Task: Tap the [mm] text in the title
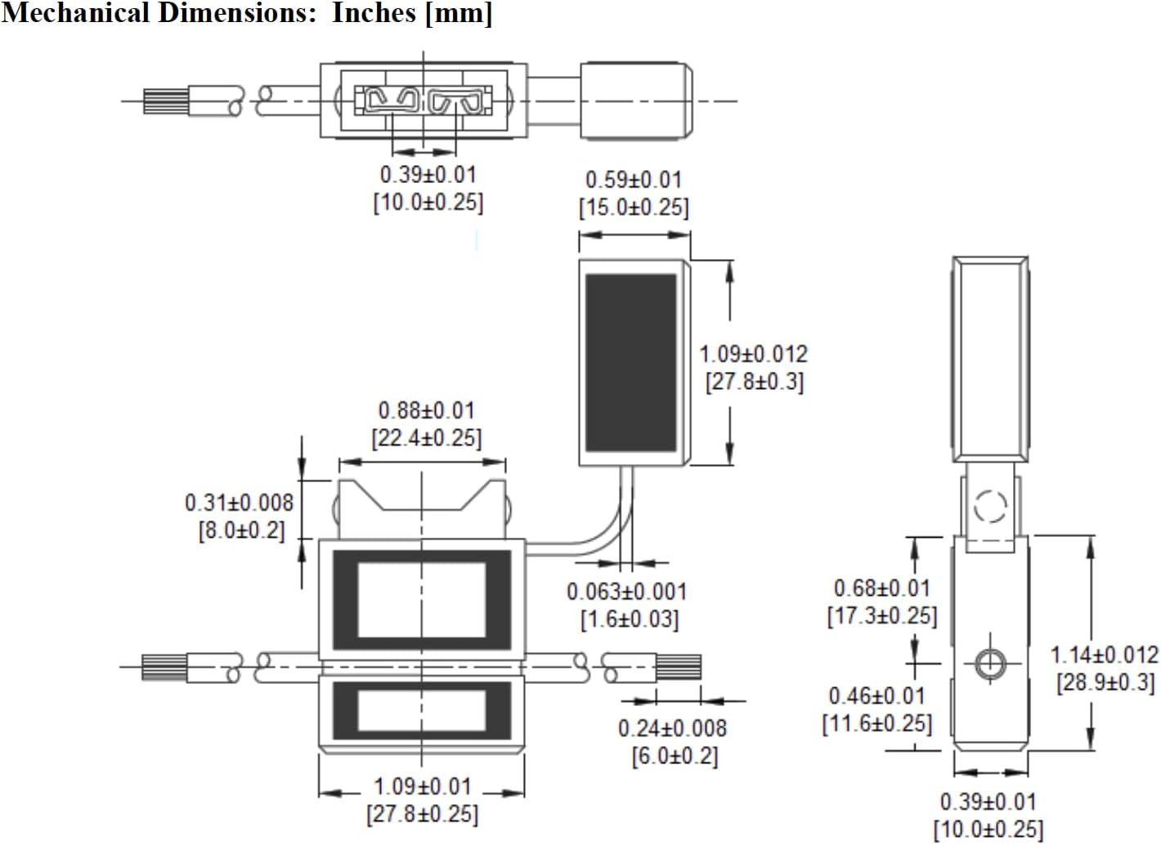coord(459,14)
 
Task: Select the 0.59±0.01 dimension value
coord(633,180)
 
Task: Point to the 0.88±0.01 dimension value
coord(426,410)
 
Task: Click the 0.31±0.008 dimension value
coord(239,503)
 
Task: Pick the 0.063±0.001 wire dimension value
coord(627,592)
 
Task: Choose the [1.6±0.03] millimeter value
coord(630,619)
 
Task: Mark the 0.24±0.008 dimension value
coord(672,728)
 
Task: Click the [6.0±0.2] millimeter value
coord(675,756)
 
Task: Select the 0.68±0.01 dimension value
coord(882,588)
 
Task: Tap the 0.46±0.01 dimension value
coord(877,696)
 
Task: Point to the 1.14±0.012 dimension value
coord(1104,655)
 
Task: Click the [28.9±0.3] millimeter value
coord(1105,682)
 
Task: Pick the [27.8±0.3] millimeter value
coord(755,382)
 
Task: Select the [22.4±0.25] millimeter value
coord(427,438)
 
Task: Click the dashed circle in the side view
coord(990,506)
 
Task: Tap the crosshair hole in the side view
coord(990,663)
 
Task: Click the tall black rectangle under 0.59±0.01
coord(631,363)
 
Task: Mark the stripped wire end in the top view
coord(166,101)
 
